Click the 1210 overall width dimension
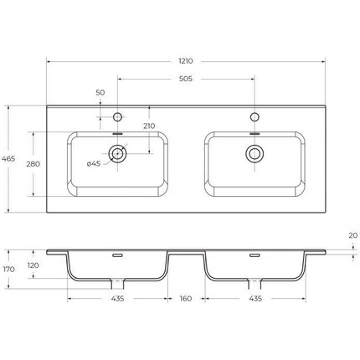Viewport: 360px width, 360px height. coord(185,62)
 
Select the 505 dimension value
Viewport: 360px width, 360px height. coord(185,80)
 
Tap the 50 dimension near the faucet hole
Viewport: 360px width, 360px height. coord(100,94)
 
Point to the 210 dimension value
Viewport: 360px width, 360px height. coord(149,126)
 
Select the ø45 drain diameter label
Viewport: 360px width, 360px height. coord(94,163)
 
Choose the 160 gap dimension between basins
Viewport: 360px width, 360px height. coord(185,299)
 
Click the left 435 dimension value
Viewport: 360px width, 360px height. coord(118,299)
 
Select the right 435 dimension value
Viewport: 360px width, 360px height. coord(252,299)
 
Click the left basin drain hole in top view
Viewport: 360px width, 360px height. coord(118,153)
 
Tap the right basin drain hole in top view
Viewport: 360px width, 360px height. coord(252,153)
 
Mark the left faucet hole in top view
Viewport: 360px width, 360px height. coord(118,116)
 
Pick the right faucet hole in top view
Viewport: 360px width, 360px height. coord(252,116)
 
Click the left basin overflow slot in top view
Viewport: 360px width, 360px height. coord(118,131)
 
